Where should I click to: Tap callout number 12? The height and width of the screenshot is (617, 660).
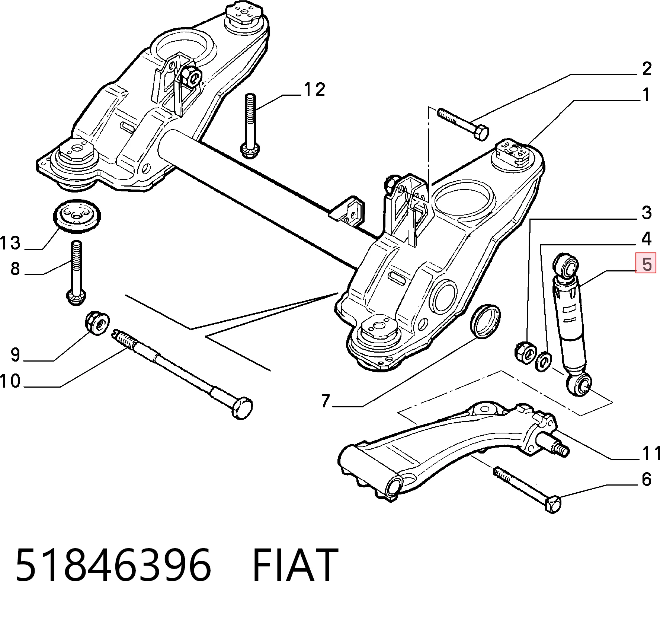click(x=314, y=89)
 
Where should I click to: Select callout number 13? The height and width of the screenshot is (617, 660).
click(x=10, y=243)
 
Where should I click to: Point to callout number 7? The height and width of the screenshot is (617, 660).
click(x=326, y=401)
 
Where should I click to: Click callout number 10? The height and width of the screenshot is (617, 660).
click(x=10, y=381)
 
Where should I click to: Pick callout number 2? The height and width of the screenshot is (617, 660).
click(x=647, y=69)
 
